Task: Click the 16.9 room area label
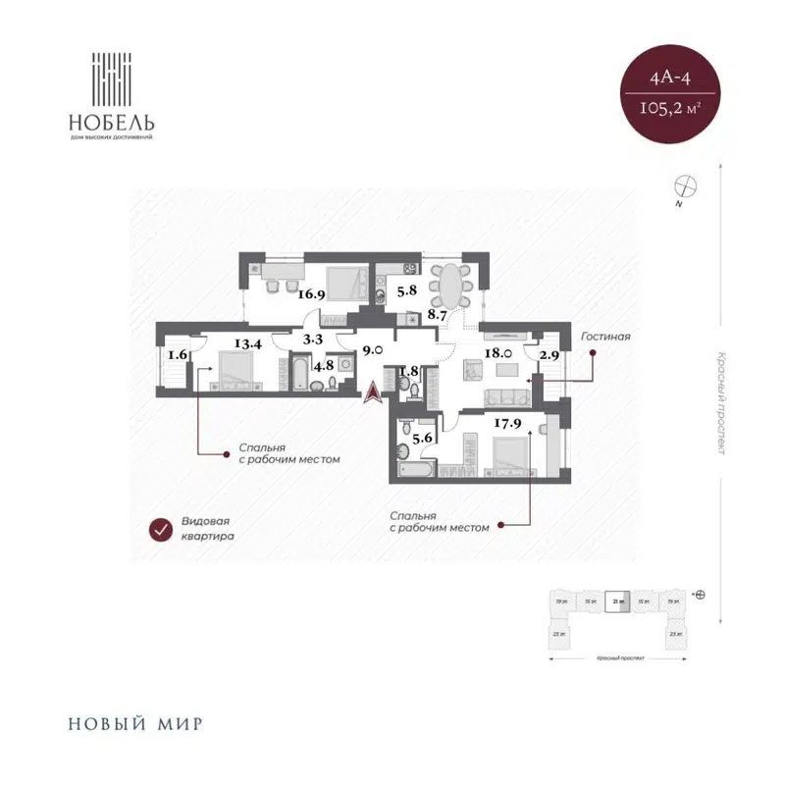point(311,291)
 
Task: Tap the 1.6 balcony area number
point(177,355)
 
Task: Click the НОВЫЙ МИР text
point(135,726)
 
